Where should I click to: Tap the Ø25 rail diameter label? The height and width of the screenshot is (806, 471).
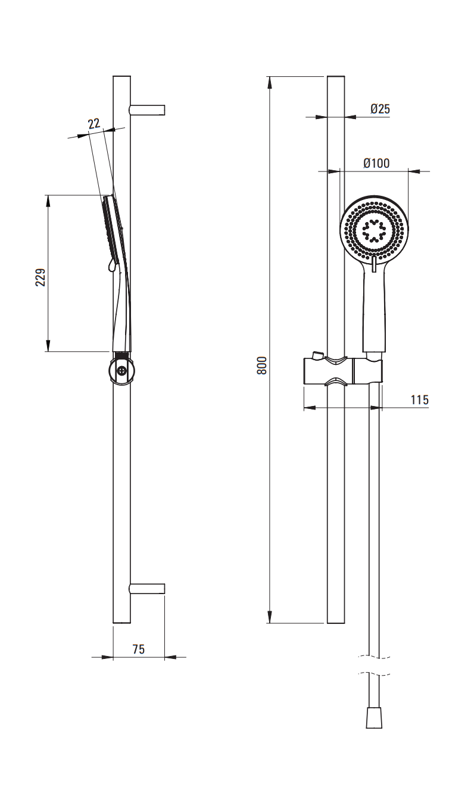379,108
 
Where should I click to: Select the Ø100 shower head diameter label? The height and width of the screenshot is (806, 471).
376,163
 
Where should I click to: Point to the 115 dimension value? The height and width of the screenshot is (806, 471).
419,399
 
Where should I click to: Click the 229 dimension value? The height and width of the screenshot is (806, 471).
40,277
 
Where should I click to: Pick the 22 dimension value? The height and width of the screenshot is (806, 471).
93,123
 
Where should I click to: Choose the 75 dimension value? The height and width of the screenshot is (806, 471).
138,649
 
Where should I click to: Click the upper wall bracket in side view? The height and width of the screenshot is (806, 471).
147,110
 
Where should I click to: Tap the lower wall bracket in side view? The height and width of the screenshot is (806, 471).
147,589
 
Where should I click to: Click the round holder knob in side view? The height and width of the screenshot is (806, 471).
122,370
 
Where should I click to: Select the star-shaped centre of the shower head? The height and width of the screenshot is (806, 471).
373,230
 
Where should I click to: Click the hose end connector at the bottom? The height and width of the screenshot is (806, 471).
373,718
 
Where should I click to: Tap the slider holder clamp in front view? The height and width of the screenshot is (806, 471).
342,372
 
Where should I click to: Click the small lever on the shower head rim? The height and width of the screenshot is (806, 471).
373,264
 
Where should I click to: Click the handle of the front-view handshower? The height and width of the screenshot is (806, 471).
373,310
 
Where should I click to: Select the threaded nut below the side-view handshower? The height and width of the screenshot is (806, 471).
121,355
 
